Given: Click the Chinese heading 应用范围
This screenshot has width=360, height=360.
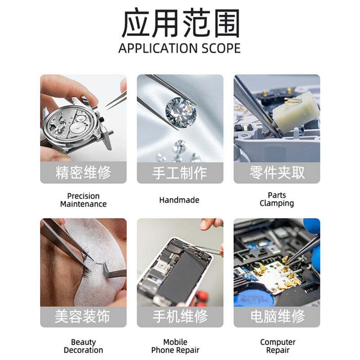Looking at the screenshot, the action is pyautogui.click(x=180, y=23).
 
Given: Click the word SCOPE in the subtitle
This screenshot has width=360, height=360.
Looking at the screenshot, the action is pyautogui.click(x=221, y=48).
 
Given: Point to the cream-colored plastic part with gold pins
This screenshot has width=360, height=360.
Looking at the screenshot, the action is pyautogui.click(x=296, y=112).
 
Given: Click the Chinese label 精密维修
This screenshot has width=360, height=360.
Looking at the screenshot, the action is pyautogui.click(x=83, y=172).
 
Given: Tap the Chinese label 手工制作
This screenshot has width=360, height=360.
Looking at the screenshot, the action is pyautogui.click(x=180, y=173).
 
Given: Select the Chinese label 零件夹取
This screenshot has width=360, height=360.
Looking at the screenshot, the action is pyautogui.click(x=277, y=172).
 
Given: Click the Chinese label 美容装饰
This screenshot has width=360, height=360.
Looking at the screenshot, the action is pyautogui.click(x=82, y=316).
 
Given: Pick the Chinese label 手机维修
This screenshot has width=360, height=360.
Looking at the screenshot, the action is pyautogui.click(x=180, y=316).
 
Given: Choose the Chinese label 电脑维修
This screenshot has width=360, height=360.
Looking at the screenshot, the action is pyautogui.click(x=278, y=316).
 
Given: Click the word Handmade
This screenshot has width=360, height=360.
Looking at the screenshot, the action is pyautogui.click(x=179, y=200).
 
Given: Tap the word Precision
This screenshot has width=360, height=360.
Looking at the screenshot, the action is pyautogui.click(x=83, y=196).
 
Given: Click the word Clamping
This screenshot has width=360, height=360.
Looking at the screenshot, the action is pyautogui.click(x=277, y=203).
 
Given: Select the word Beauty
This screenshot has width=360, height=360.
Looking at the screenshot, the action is pyautogui.click(x=83, y=342).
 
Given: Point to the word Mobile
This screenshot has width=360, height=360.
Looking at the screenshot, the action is pyautogui.click(x=175, y=342).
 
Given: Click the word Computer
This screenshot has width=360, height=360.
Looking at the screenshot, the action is pyautogui.click(x=278, y=342).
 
